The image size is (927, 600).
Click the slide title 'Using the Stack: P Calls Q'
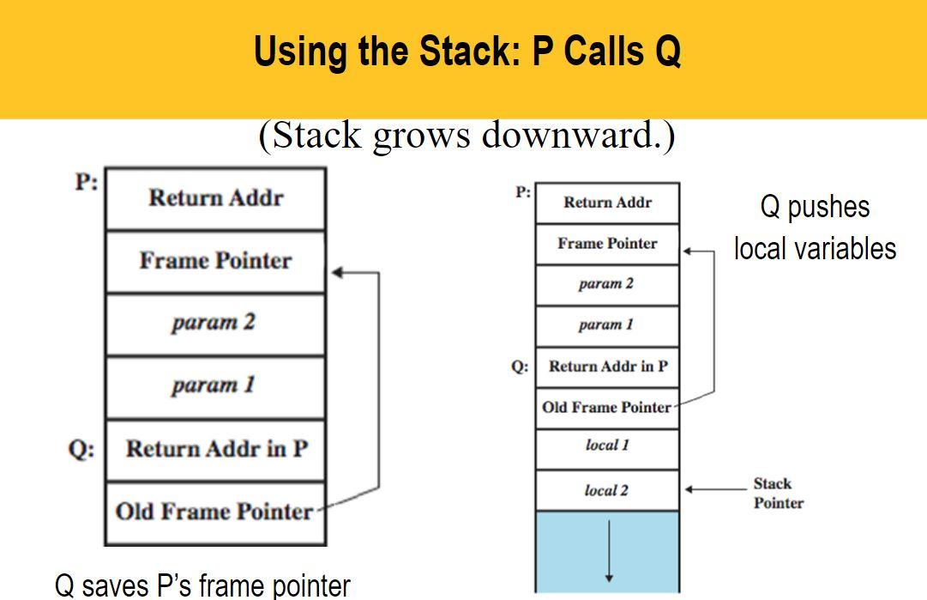coord(467,52)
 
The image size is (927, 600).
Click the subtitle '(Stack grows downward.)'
coord(467,135)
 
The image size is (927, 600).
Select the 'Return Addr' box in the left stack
coord(215,199)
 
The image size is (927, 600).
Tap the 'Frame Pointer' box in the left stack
coord(215,261)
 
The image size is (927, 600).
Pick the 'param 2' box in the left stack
coord(215,324)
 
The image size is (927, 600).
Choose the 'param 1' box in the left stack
coord(215,387)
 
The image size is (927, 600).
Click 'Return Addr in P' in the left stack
coord(215,450)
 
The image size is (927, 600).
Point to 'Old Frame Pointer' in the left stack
coord(215,513)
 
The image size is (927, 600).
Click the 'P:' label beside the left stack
coord(87,181)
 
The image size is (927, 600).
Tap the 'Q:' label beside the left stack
coord(81,450)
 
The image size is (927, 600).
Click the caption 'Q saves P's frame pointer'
coord(202,585)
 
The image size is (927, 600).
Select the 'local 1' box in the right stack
coord(607,449)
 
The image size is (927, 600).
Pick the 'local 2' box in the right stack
coord(607,490)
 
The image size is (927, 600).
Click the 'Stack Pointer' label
coord(778,494)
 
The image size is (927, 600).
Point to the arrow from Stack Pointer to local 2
coord(715,489)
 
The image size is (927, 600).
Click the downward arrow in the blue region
coord(609,551)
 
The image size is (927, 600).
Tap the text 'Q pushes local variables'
coord(815,227)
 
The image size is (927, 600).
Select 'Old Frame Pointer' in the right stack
coord(607,409)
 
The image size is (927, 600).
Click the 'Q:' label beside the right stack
coord(520,367)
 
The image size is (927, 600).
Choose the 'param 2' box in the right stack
coord(607,285)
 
